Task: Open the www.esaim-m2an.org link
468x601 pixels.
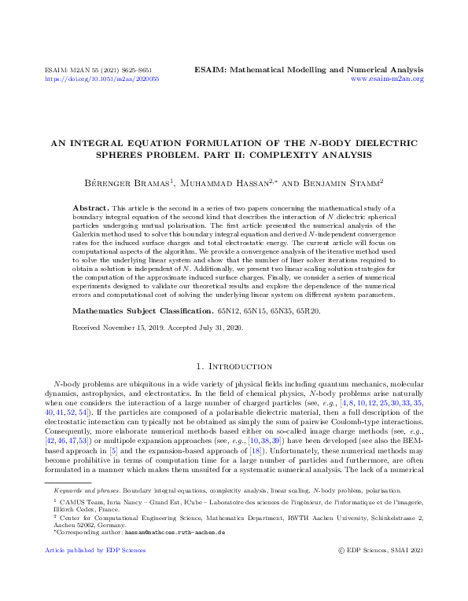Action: pyautogui.click(x=387, y=79)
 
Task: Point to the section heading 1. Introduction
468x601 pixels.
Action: pyautogui.click(x=234, y=367)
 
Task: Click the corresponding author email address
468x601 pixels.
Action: pyautogui.click(x=175, y=532)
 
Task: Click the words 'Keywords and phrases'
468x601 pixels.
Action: pyautogui.click(x=74, y=490)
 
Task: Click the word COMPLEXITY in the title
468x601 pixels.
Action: pyautogui.click(x=304, y=155)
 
